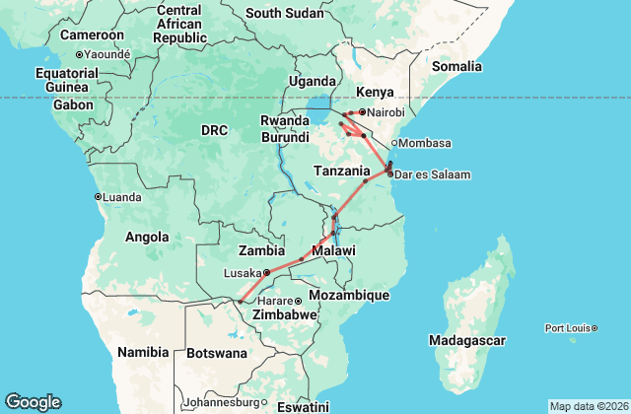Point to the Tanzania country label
coord(342,170)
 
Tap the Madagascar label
coord(468,340)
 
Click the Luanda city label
coord(121,197)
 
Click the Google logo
coord(33,402)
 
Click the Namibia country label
coord(143,352)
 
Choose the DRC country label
coord(214,130)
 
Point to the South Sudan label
coord(284,13)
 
